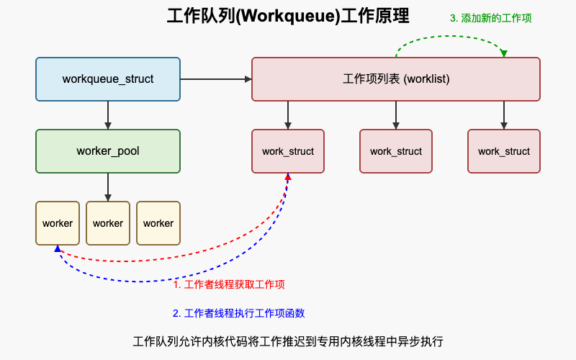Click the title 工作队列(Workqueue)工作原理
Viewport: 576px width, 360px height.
click(x=288, y=17)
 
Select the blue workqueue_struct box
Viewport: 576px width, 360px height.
click(x=108, y=79)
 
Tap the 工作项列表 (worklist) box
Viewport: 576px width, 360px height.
click(x=396, y=79)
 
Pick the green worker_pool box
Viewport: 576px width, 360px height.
click(x=108, y=151)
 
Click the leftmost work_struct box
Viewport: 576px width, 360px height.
click(x=288, y=151)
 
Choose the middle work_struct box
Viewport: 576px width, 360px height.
click(x=396, y=151)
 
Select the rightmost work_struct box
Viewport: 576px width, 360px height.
click(x=504, y=151)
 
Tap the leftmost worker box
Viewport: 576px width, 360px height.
click(x=58, y=223)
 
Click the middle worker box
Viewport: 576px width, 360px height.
click(x=108, y=223)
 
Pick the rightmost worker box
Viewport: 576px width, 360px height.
click(x=158, y=223)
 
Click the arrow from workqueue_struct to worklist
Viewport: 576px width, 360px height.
click(x=216, y=79)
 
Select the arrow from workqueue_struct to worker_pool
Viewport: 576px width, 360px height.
click(x=108, y=115)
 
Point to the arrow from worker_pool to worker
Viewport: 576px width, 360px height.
click(x=108, y=187)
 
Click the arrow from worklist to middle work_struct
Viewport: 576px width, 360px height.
click(x=396, y=115)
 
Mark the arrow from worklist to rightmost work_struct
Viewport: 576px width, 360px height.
click(x=504, y=115)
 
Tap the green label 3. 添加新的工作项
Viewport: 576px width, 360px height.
click(x=491, y=18)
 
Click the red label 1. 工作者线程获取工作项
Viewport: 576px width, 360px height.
click(x=230, y=284)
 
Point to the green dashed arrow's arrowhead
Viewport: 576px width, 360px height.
click(x=504, y=54)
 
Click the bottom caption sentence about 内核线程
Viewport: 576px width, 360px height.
click(x=288, y=341)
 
